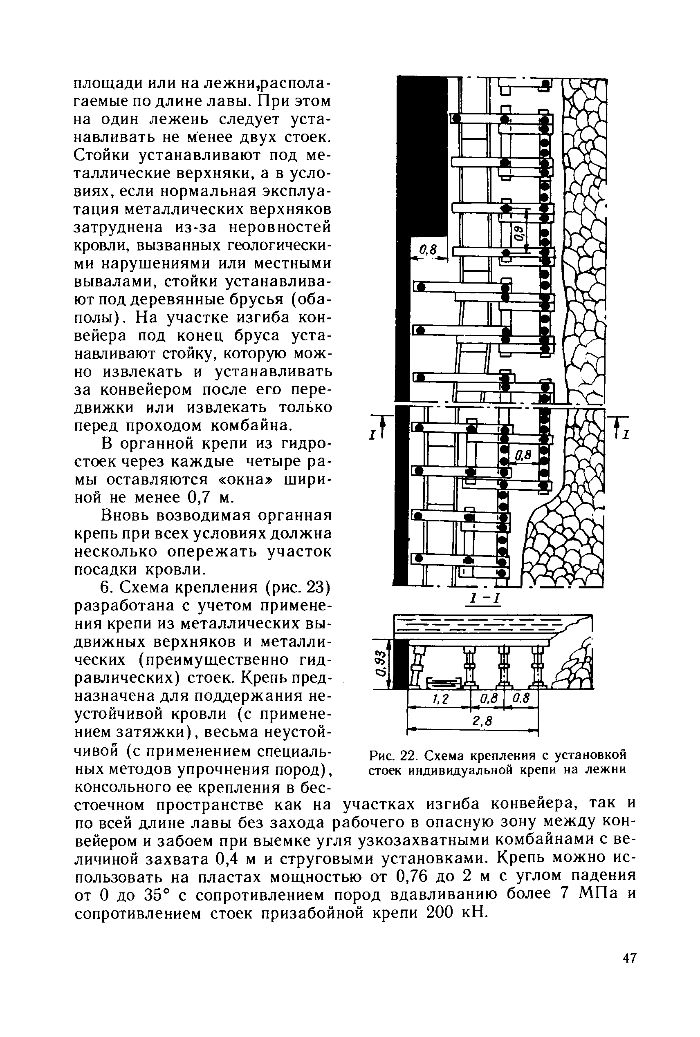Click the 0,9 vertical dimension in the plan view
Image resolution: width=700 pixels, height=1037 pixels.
coord(519,232)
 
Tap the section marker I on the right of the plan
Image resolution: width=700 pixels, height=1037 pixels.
coord(626,434)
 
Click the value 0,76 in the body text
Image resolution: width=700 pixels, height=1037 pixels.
coord(409,876)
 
